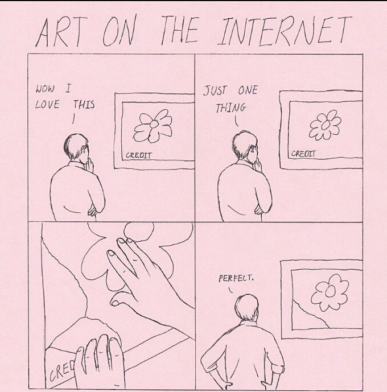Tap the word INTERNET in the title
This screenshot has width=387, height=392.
pos(285,31)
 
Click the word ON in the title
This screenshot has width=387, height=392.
pos(118,32)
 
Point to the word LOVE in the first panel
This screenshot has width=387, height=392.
pos(47,104)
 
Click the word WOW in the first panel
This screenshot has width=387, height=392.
pos(45,89)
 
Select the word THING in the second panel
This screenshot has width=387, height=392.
pos(230,108)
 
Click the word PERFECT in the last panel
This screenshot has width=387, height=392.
pos(236,278)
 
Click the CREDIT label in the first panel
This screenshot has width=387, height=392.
pos(138,155)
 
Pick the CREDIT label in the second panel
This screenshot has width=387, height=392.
pos(303,154)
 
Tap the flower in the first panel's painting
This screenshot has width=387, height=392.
pos(153,126)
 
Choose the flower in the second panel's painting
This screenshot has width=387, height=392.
pos(325,125)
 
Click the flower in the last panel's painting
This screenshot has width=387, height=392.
pos(330,292)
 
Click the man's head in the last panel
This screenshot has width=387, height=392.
pos(246,308)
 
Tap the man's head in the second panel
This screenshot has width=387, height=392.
pos(244,146)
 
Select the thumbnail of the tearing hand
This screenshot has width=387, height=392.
pos(116,303)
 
